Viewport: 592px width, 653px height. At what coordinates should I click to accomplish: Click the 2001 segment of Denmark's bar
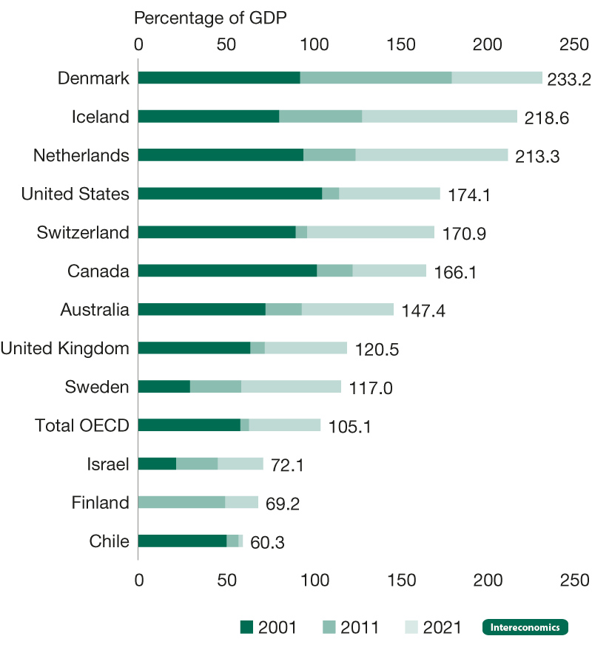218,78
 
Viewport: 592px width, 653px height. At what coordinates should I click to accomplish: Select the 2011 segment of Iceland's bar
320,117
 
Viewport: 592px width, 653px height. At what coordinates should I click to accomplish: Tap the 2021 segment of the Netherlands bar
431,155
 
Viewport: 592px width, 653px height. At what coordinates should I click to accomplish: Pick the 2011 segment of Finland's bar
181,503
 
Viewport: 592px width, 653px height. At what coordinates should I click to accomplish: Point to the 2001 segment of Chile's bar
182,541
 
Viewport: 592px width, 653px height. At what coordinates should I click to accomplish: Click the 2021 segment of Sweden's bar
291,387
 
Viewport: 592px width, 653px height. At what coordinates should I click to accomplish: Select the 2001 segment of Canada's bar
227,271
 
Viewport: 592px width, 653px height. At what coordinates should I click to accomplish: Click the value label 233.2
569,79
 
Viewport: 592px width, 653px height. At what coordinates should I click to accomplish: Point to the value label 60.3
267,542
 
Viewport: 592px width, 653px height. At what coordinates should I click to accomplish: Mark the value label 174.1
469,194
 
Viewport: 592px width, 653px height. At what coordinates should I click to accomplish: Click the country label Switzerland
83,232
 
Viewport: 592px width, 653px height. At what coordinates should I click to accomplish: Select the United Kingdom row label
64,348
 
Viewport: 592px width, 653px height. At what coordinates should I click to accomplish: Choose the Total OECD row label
82,425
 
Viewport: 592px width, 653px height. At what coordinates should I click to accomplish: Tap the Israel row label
107,464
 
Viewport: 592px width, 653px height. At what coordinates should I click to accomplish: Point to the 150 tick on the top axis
402,44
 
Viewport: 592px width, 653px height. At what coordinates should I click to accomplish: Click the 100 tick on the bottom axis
314,578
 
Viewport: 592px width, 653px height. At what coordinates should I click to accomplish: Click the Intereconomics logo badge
525,628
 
